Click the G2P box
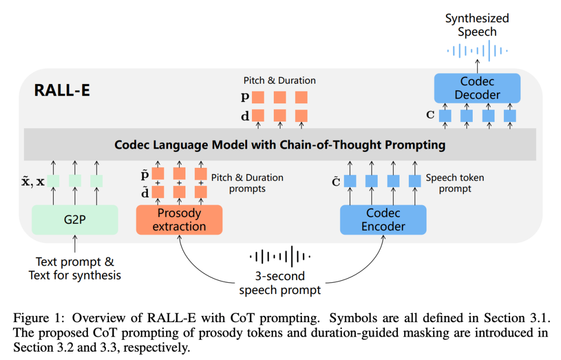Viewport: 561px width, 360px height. click(75, 220)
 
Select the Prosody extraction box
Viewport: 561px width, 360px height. click(179, 220)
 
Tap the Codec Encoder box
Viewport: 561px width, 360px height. click(383, 220)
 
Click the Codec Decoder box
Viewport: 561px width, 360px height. click(477, 88)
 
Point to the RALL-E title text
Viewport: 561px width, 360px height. click(62, 90)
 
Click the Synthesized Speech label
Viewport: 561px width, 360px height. click(477, 25)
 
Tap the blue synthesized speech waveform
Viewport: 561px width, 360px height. click(477, 51)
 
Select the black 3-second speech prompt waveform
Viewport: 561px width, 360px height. click(280, 257)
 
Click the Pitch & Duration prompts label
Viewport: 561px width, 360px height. click(247, 183)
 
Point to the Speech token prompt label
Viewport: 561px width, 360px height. click(455, 183)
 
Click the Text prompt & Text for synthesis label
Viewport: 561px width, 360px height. click(75, 269)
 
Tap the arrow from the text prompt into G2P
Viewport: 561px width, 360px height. click(75, 244)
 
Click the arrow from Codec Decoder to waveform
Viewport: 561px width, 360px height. click(477, 66)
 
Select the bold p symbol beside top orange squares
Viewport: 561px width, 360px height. click(245, 97)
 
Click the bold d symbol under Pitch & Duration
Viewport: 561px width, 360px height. click(245, 116)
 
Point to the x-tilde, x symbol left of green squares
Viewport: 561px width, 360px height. click(33, 181)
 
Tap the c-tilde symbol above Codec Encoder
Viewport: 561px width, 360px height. click(336, 182)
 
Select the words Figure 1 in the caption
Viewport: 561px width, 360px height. click(32, 318)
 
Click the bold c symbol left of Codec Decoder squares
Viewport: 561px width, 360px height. click(431, 115)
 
